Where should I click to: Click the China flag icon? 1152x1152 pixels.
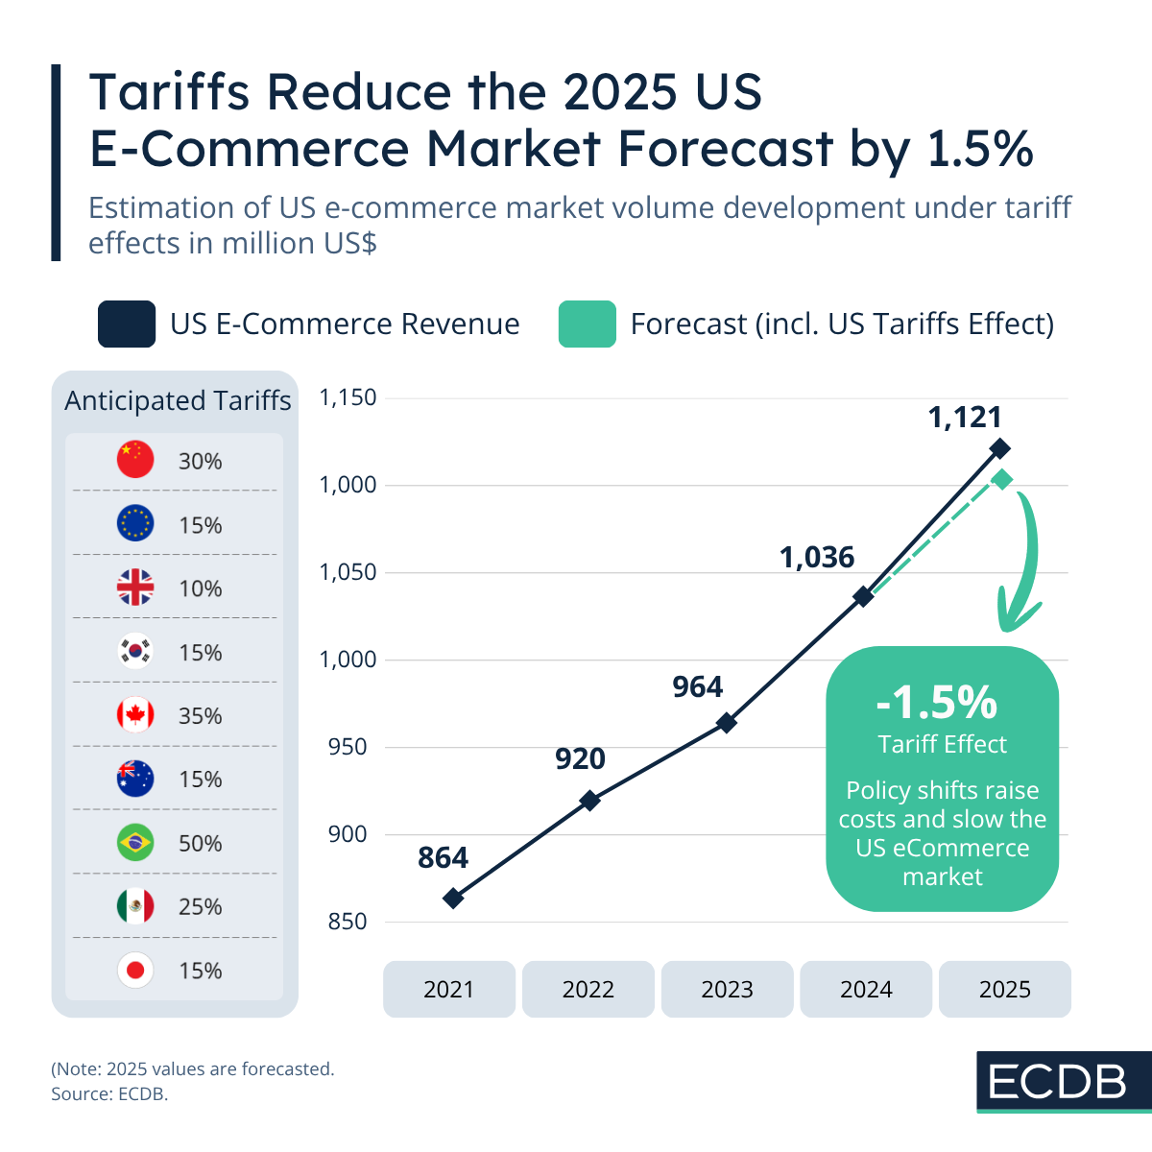pos(135,460)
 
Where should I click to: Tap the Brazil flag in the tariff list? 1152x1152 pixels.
pos(135,843)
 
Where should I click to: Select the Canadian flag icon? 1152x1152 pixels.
pos(135,715)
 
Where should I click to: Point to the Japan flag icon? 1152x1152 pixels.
pos(135,971)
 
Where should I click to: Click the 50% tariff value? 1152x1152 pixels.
pos(200,843)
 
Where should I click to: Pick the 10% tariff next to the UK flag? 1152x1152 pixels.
pos(200,588)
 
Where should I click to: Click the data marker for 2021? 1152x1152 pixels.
pos(453,899)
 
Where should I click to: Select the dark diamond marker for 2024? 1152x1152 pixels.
pos(863,596)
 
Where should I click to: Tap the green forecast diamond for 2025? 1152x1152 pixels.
pos(1002,480)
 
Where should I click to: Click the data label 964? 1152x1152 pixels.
pos(697,687)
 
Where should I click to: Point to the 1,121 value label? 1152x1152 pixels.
pos(965,418)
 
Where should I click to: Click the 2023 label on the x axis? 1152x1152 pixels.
pos(727,989)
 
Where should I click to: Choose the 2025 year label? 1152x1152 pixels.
pos(1004,989)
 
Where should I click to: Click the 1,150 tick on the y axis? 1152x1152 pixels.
pos(348,397)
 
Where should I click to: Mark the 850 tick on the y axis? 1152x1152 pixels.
pos(348,922)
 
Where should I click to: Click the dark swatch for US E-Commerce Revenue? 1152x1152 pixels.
pos(127,324)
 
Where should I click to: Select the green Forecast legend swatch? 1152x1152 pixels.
pos(587,324)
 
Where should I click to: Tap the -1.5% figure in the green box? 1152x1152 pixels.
pos(937,702)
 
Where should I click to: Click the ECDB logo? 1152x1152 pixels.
pos(1057,1082)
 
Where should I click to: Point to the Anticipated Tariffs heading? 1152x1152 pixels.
pos(178,400)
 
